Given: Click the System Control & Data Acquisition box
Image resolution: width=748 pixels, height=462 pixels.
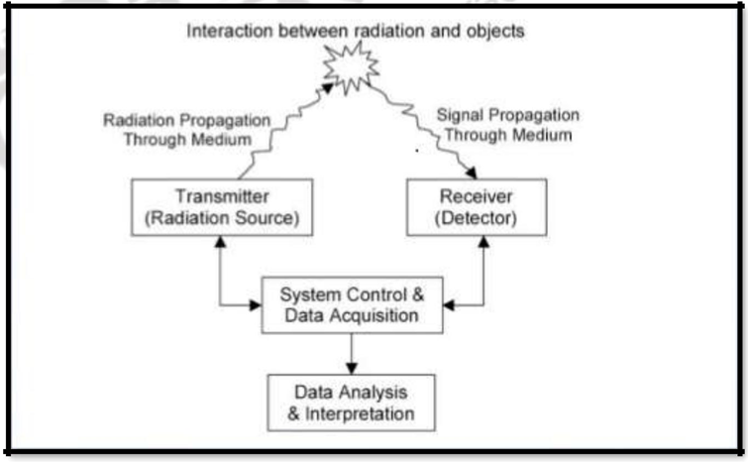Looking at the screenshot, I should click(x=352, y=304).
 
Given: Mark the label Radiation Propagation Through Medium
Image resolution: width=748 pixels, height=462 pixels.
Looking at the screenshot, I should click(x=186, y=129).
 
